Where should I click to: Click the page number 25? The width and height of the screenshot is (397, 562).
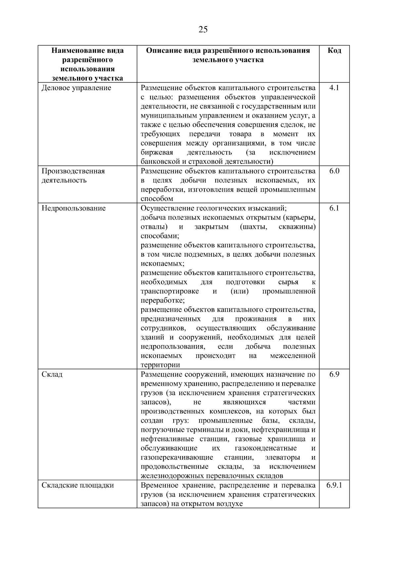203,30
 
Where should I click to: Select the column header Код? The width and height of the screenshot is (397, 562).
334,51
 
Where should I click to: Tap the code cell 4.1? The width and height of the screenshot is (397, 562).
334,88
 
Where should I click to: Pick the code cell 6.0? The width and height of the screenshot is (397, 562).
334,171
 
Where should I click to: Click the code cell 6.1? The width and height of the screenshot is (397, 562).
334,208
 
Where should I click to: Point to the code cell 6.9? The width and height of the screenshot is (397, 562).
334,375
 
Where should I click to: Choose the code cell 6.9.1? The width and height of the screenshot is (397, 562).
334,485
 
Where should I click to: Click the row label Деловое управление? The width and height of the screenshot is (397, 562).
76,88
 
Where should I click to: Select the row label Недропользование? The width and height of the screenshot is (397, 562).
73,208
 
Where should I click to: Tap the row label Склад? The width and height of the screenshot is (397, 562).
52,375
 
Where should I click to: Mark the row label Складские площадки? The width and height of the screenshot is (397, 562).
77,485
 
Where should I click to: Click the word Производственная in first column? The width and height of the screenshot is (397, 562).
73,171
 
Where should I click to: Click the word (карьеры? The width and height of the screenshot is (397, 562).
299,218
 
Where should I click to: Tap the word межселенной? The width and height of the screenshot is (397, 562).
292,356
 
